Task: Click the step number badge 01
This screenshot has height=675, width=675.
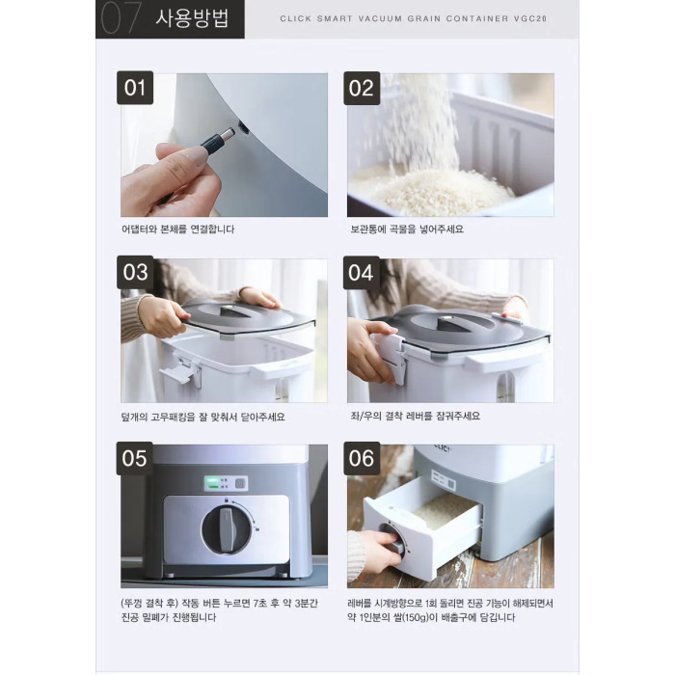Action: [x=136, y=89]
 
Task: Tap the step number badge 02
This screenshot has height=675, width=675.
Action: [x=363, y=89]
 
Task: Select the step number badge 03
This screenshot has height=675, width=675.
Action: [x=136, y=273]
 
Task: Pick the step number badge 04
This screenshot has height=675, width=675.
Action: [x=363, y=273]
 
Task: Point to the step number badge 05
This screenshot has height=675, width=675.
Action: [x=136, y=458]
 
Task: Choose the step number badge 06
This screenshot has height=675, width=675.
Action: [x=363, y=458]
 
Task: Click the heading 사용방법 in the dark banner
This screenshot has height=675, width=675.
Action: [x=192, y=19]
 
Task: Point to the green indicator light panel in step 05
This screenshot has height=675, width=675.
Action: [x=225, y=482]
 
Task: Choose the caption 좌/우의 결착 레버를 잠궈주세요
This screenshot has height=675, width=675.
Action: [x=414, y=417]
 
